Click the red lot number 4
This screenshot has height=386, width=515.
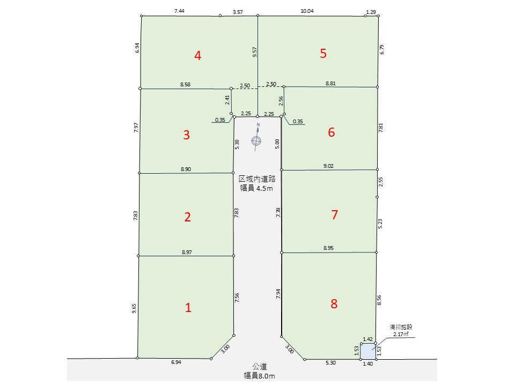click(197, 55)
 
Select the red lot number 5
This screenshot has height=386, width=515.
click(323, 53)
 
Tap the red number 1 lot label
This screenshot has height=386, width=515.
click(188, 308)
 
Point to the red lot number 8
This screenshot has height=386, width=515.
click(334, 303)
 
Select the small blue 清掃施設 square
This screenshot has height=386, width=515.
click(368, 352)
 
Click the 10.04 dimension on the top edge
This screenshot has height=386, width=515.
click(307, 11)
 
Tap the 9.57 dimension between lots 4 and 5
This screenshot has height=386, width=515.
click(254, 52)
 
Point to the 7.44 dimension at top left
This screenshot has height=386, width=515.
click(179, 11)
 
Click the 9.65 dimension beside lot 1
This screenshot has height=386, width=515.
click(134, 309)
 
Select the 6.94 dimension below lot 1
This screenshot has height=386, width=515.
click(176, 362)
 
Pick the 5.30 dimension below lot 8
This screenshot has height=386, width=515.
click(331, 363)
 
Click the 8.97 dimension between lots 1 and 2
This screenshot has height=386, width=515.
click(187, 252)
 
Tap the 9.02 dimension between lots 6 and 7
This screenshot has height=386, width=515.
click(328, 166)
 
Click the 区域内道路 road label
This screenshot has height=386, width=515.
click(257, 179)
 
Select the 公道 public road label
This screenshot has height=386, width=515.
click(260, 366)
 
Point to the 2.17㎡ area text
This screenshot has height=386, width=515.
click(401, 334)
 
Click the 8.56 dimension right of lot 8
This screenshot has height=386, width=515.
click(379, 300)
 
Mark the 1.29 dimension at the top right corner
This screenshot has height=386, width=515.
click(371, 12)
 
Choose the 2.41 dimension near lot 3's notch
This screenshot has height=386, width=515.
click(227, 100)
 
